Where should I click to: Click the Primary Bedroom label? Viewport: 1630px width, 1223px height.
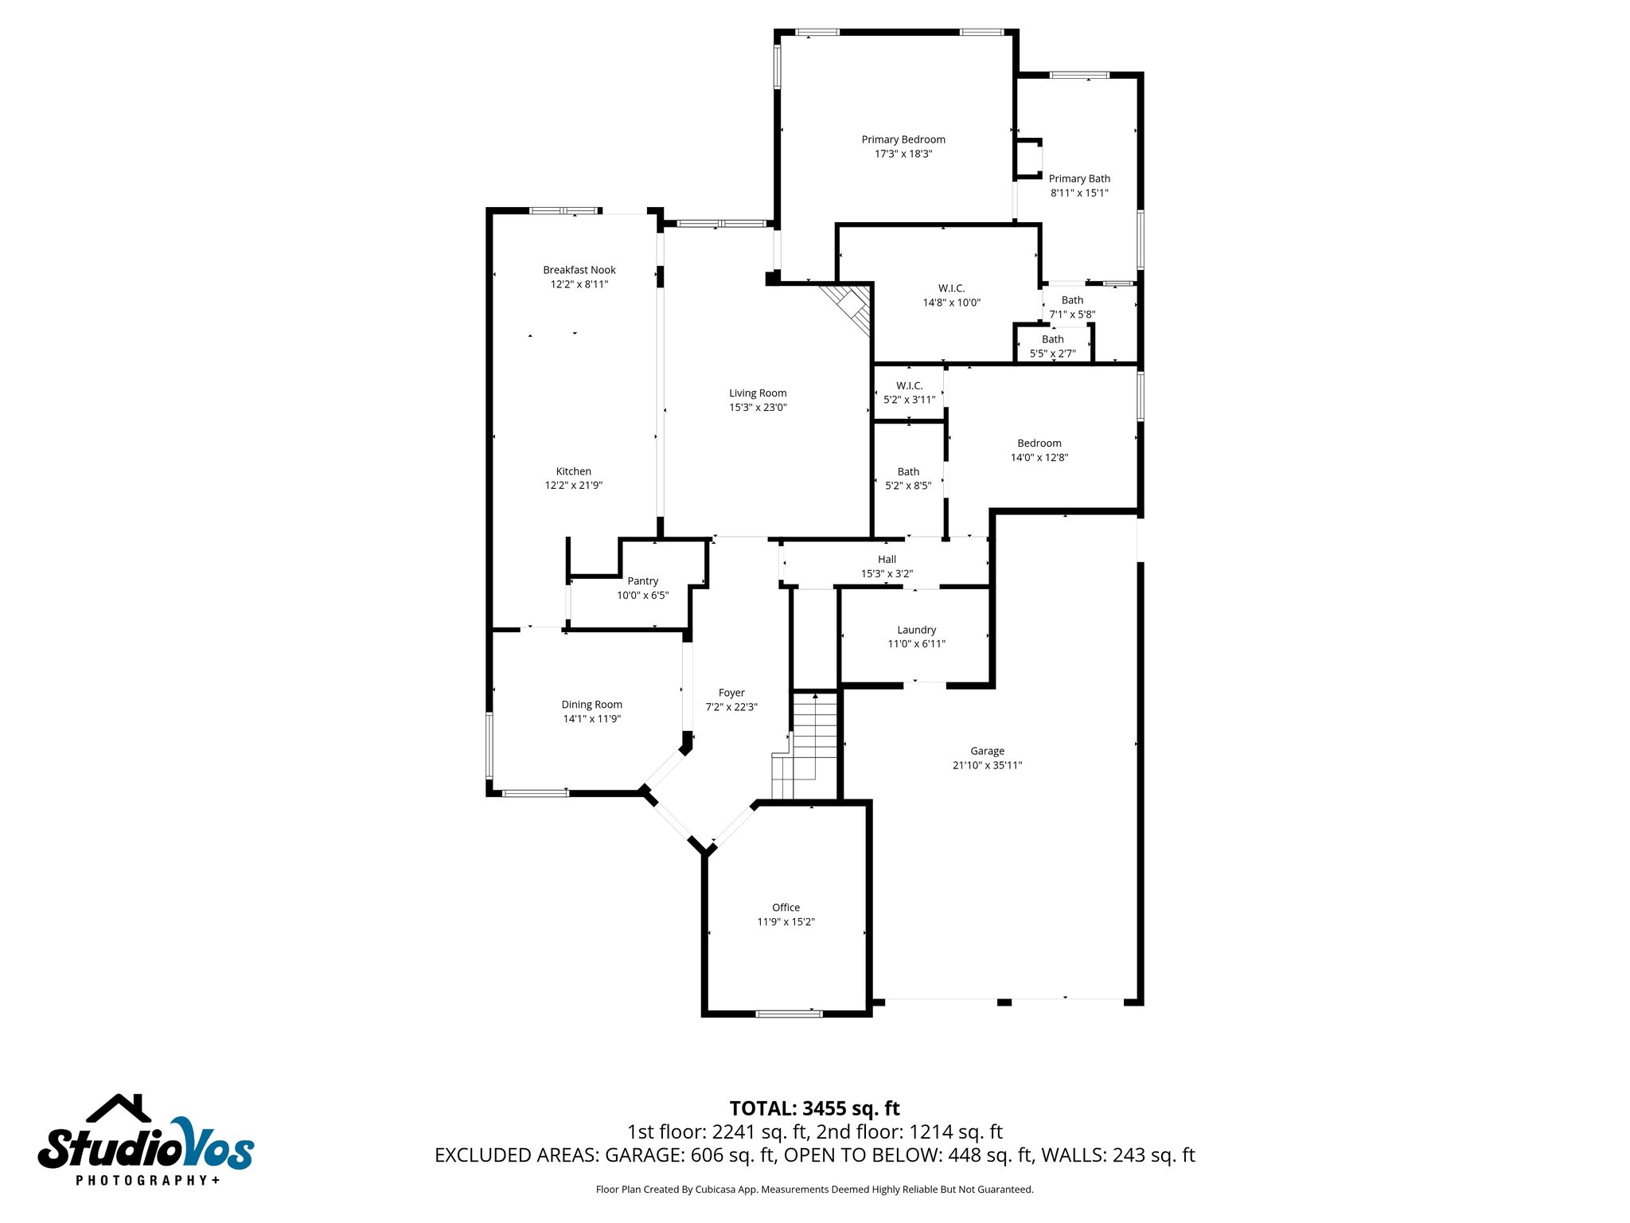pos(903,139)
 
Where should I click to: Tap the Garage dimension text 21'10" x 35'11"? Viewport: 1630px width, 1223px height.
pos(987,765)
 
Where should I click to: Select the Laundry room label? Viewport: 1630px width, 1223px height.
pos(916,630)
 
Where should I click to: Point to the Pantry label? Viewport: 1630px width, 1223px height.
pos(642,581)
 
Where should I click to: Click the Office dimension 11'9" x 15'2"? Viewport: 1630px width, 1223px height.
pos(786,922)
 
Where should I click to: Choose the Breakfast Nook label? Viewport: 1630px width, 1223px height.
pos(579,270)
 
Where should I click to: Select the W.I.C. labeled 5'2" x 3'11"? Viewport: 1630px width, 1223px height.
pos(909,393)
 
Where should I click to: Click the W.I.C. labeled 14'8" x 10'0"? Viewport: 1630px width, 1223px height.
pos(951,295)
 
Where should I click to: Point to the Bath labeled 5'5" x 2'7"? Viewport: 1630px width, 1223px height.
pos(1052,346)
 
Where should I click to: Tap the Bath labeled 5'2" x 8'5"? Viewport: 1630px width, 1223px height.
pos(908,479)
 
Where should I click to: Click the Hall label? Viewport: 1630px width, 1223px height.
pos(887,560)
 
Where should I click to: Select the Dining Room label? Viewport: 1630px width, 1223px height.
pos(591,705)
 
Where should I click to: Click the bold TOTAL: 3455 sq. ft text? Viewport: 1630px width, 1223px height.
pos(814,1108)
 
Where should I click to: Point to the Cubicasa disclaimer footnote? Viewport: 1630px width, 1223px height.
pos(814,1190)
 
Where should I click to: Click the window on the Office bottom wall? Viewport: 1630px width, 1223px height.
pos(789,1014)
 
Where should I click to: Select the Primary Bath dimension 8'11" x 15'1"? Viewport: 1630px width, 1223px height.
pos(1079,193)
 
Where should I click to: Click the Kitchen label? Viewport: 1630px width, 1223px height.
pos(573,471)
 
